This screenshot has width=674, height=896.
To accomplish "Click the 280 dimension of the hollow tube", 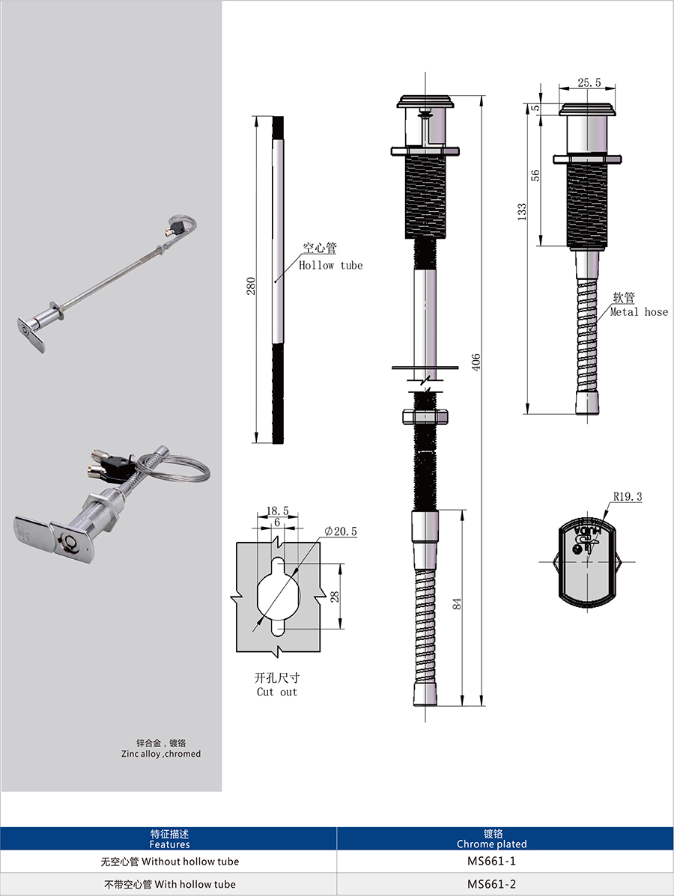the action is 251,286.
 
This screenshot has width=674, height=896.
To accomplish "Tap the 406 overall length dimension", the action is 476,362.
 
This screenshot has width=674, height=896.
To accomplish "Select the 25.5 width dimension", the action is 589,82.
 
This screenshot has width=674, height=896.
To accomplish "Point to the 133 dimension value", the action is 522,211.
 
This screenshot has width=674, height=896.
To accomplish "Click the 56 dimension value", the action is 535,175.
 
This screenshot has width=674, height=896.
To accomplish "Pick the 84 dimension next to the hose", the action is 457,603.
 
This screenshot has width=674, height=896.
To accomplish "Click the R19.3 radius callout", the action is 628,496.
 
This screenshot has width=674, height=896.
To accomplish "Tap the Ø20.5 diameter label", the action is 341,531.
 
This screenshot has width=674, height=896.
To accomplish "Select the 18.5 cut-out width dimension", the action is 277,511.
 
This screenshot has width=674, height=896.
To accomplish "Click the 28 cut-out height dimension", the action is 335,597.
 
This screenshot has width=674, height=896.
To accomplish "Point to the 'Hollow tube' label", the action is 330,265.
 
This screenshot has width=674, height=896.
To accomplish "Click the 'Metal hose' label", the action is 639,312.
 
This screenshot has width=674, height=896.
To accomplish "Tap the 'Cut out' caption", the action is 277,692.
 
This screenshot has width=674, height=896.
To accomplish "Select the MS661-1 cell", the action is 491,861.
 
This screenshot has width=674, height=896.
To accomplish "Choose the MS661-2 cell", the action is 491,884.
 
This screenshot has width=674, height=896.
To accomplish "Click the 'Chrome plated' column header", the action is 491,844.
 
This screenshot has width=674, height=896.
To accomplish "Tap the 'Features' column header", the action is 169,844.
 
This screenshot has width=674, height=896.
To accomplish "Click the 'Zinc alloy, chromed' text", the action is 161,754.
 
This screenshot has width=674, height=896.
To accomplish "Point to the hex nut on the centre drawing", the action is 425,416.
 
